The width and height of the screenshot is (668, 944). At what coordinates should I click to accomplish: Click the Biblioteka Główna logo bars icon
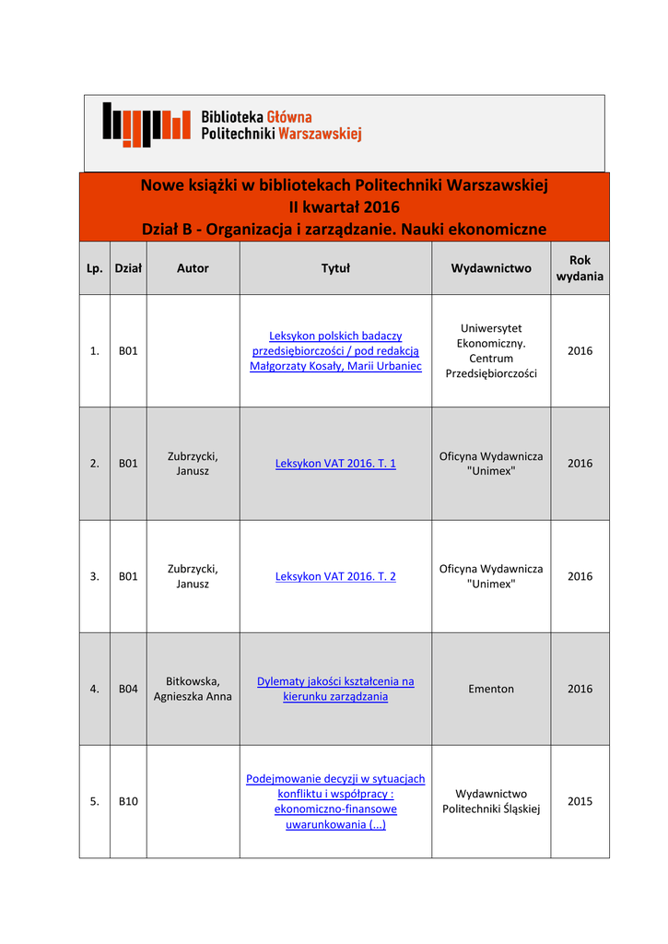click(x=146, y=124)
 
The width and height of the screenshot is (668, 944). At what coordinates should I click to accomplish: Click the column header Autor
click(x=193, y=268)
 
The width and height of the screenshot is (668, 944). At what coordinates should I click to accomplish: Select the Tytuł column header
click(x=335, y=268)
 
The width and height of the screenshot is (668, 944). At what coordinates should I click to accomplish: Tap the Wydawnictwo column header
click(x=491, y=268)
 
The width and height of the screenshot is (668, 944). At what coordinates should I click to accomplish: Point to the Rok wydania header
click(x=580, y=268)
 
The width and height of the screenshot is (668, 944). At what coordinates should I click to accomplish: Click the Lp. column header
click(x=94, y=268)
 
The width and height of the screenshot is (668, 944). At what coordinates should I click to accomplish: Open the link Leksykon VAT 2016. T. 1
click(x=335, y=464)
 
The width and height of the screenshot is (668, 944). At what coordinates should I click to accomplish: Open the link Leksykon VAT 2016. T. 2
click(x=335, y=576)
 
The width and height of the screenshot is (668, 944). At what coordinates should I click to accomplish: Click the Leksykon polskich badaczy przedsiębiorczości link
click(x=335, y=351)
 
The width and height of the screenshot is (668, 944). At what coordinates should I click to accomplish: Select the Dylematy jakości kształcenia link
click(x=335, y=689)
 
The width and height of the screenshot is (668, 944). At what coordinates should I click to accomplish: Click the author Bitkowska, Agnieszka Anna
click(x=193, y=689)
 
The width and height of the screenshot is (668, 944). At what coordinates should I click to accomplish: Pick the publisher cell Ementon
click(x=491, y=689)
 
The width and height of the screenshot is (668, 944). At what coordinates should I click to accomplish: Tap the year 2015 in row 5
click(x=580, y=801)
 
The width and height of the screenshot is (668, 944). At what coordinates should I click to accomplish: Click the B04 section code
click(x=128, y=689)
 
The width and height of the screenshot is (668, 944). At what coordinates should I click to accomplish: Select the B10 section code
click(x=128, y=801)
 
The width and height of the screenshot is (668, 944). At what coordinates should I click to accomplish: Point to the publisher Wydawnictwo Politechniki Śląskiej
click(x=491, y=801)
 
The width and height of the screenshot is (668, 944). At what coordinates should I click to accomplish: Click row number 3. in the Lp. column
click(x=94, y=576)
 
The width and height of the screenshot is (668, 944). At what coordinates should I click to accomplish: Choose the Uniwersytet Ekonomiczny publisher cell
click(x=491, y=351)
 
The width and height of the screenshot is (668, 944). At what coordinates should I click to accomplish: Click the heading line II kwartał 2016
click(x=344, y=206)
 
